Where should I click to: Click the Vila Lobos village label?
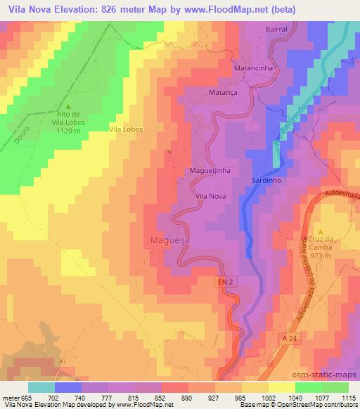[x=127, y=129]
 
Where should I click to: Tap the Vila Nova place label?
[x=210, y=196]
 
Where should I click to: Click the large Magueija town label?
[x=170, y=241]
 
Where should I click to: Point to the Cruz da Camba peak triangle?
[x=321, y=231]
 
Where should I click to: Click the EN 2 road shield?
[x=224, y=280]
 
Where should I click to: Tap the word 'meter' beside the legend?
[x=11, y=398]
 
